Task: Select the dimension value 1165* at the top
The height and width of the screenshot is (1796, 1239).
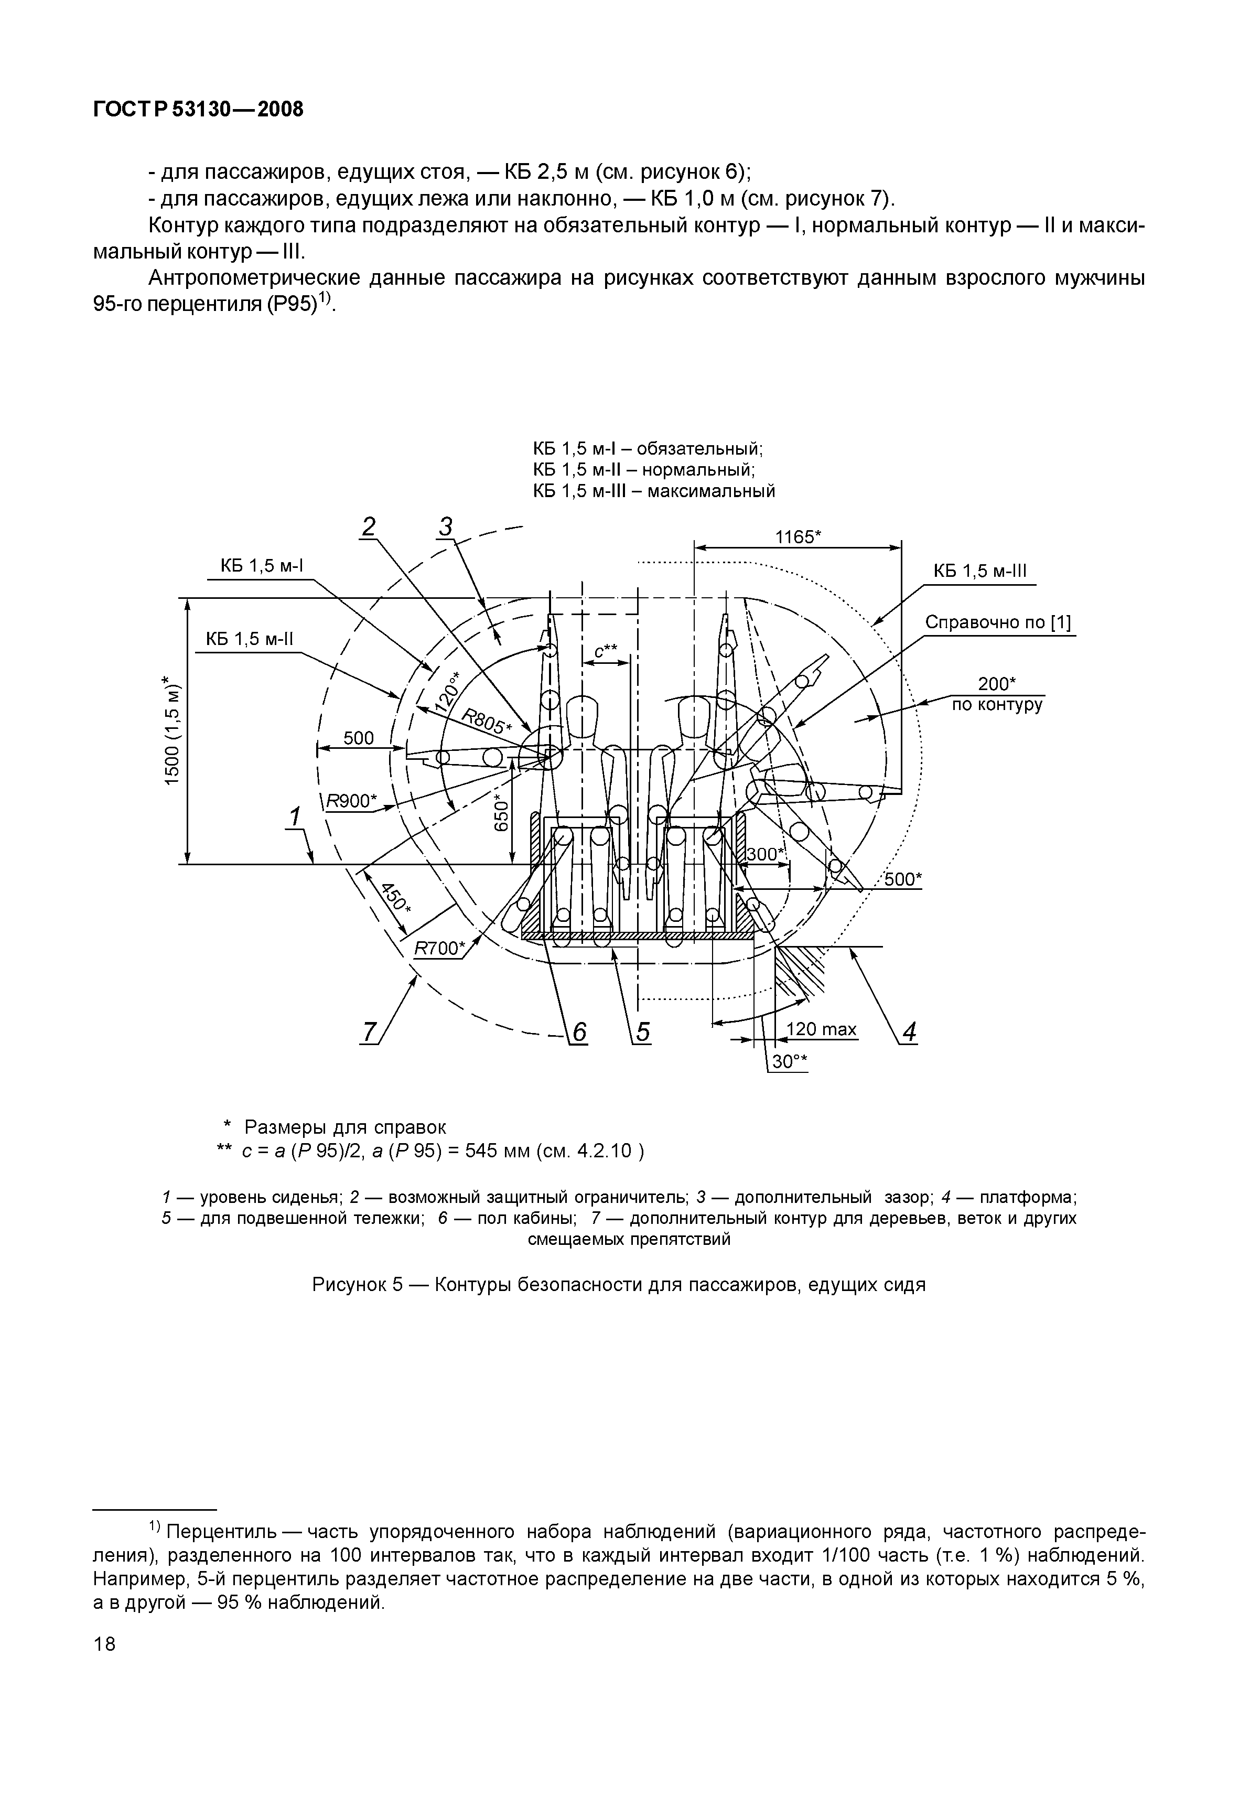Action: (x=798, y=537)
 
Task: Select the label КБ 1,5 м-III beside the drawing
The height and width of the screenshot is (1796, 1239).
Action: (x=979, y=571)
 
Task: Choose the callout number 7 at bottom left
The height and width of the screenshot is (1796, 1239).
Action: (x=370, y=1033)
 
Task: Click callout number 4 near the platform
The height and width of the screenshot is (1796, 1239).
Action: (x=909, y=1033)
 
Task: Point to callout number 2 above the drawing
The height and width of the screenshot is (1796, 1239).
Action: (x=368, y=527)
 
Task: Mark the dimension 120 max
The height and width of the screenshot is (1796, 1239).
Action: (x=821, y=1029)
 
